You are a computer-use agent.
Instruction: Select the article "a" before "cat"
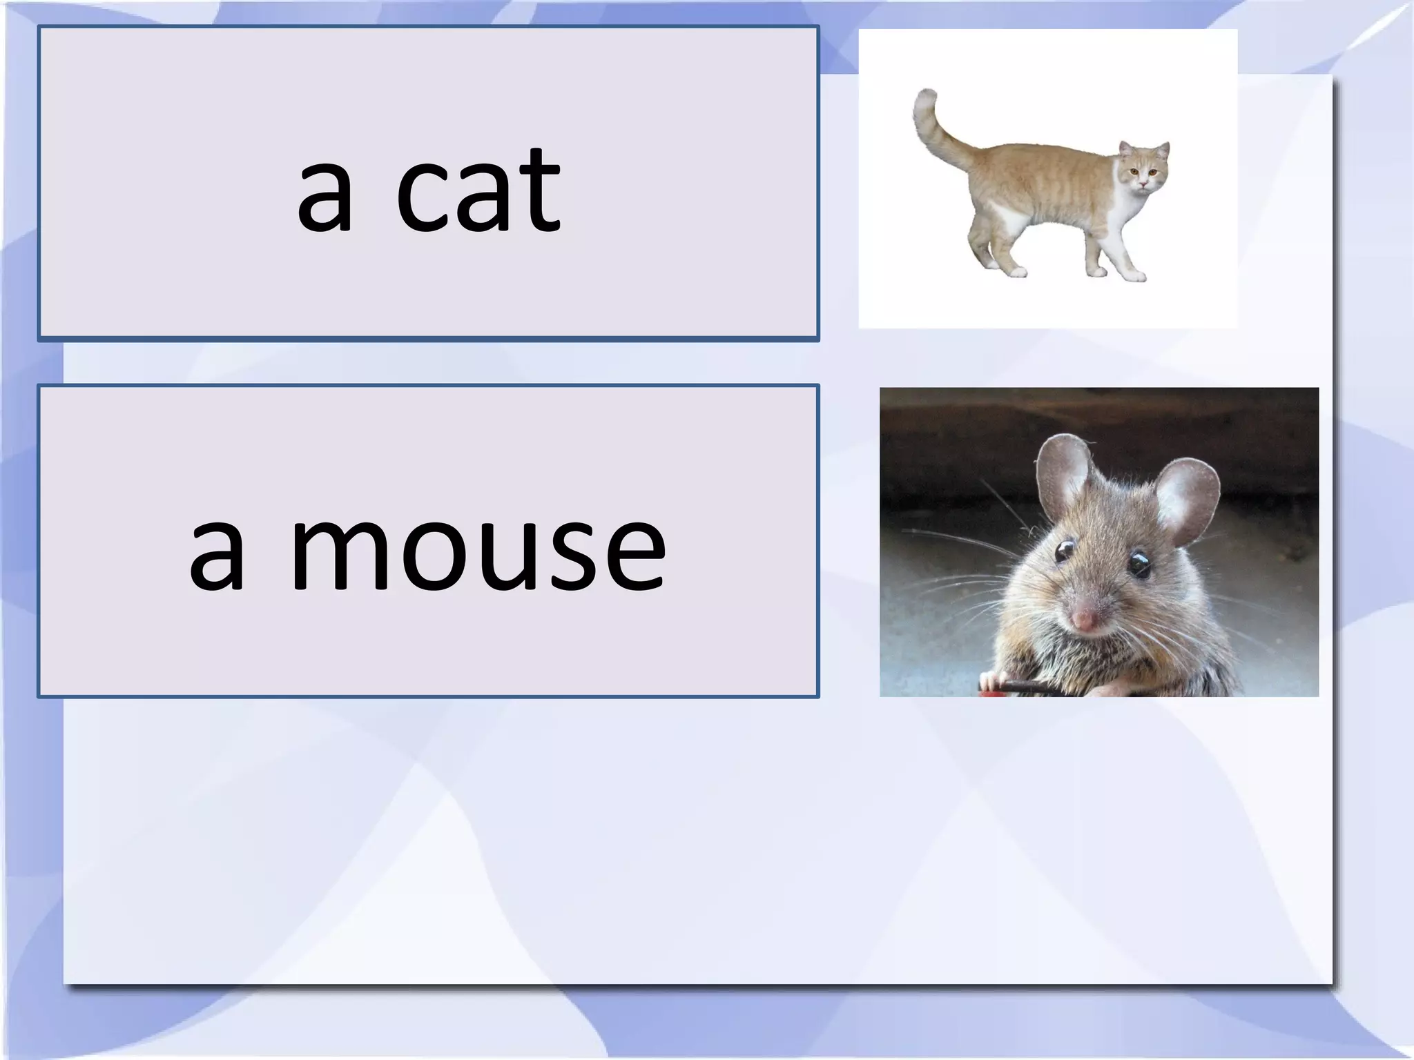325,200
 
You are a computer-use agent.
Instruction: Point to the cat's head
1145,169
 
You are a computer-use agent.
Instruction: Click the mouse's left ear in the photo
1064,476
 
